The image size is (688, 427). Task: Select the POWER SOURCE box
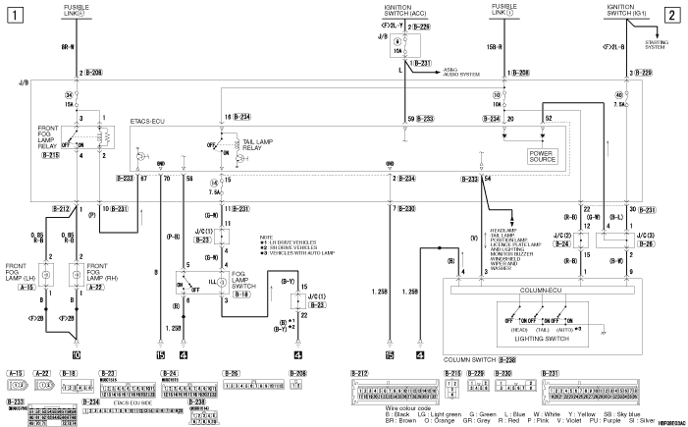pos(542,154)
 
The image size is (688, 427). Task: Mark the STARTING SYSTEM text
pos(659,40)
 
